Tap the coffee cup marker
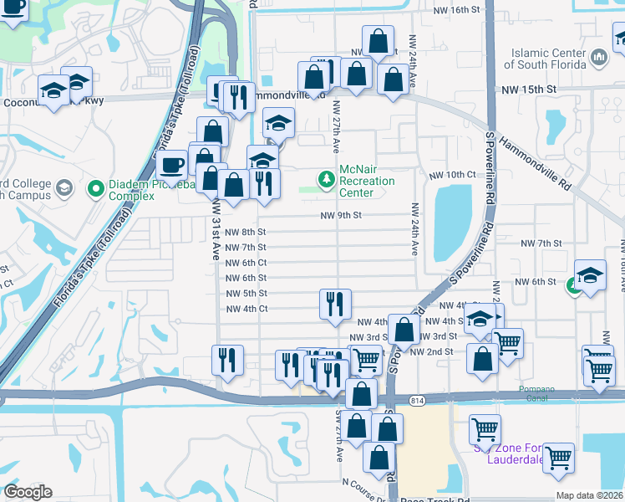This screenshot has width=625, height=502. pos(172,165)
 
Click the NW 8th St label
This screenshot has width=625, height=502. pos(246,232)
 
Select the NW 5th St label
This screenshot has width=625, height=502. pos(246,294)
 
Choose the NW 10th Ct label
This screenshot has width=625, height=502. pos(452,175)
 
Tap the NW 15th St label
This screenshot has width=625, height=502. pos(528,89)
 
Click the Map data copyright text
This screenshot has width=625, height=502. pos(589,495)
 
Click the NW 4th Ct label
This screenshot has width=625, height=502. pos(246,309)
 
